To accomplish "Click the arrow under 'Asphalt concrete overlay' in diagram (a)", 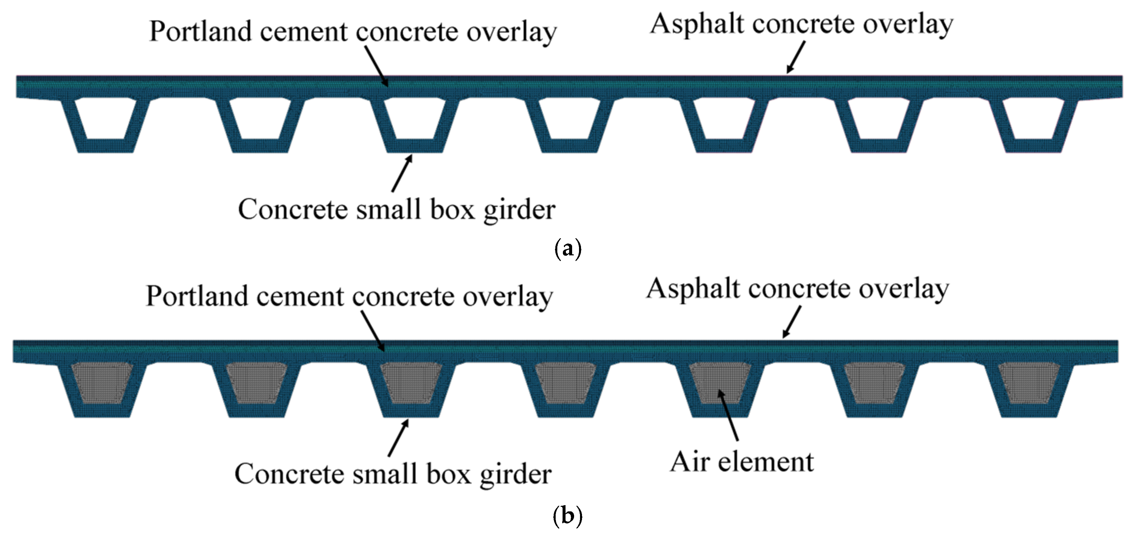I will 796,57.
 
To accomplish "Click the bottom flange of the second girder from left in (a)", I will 260,146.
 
